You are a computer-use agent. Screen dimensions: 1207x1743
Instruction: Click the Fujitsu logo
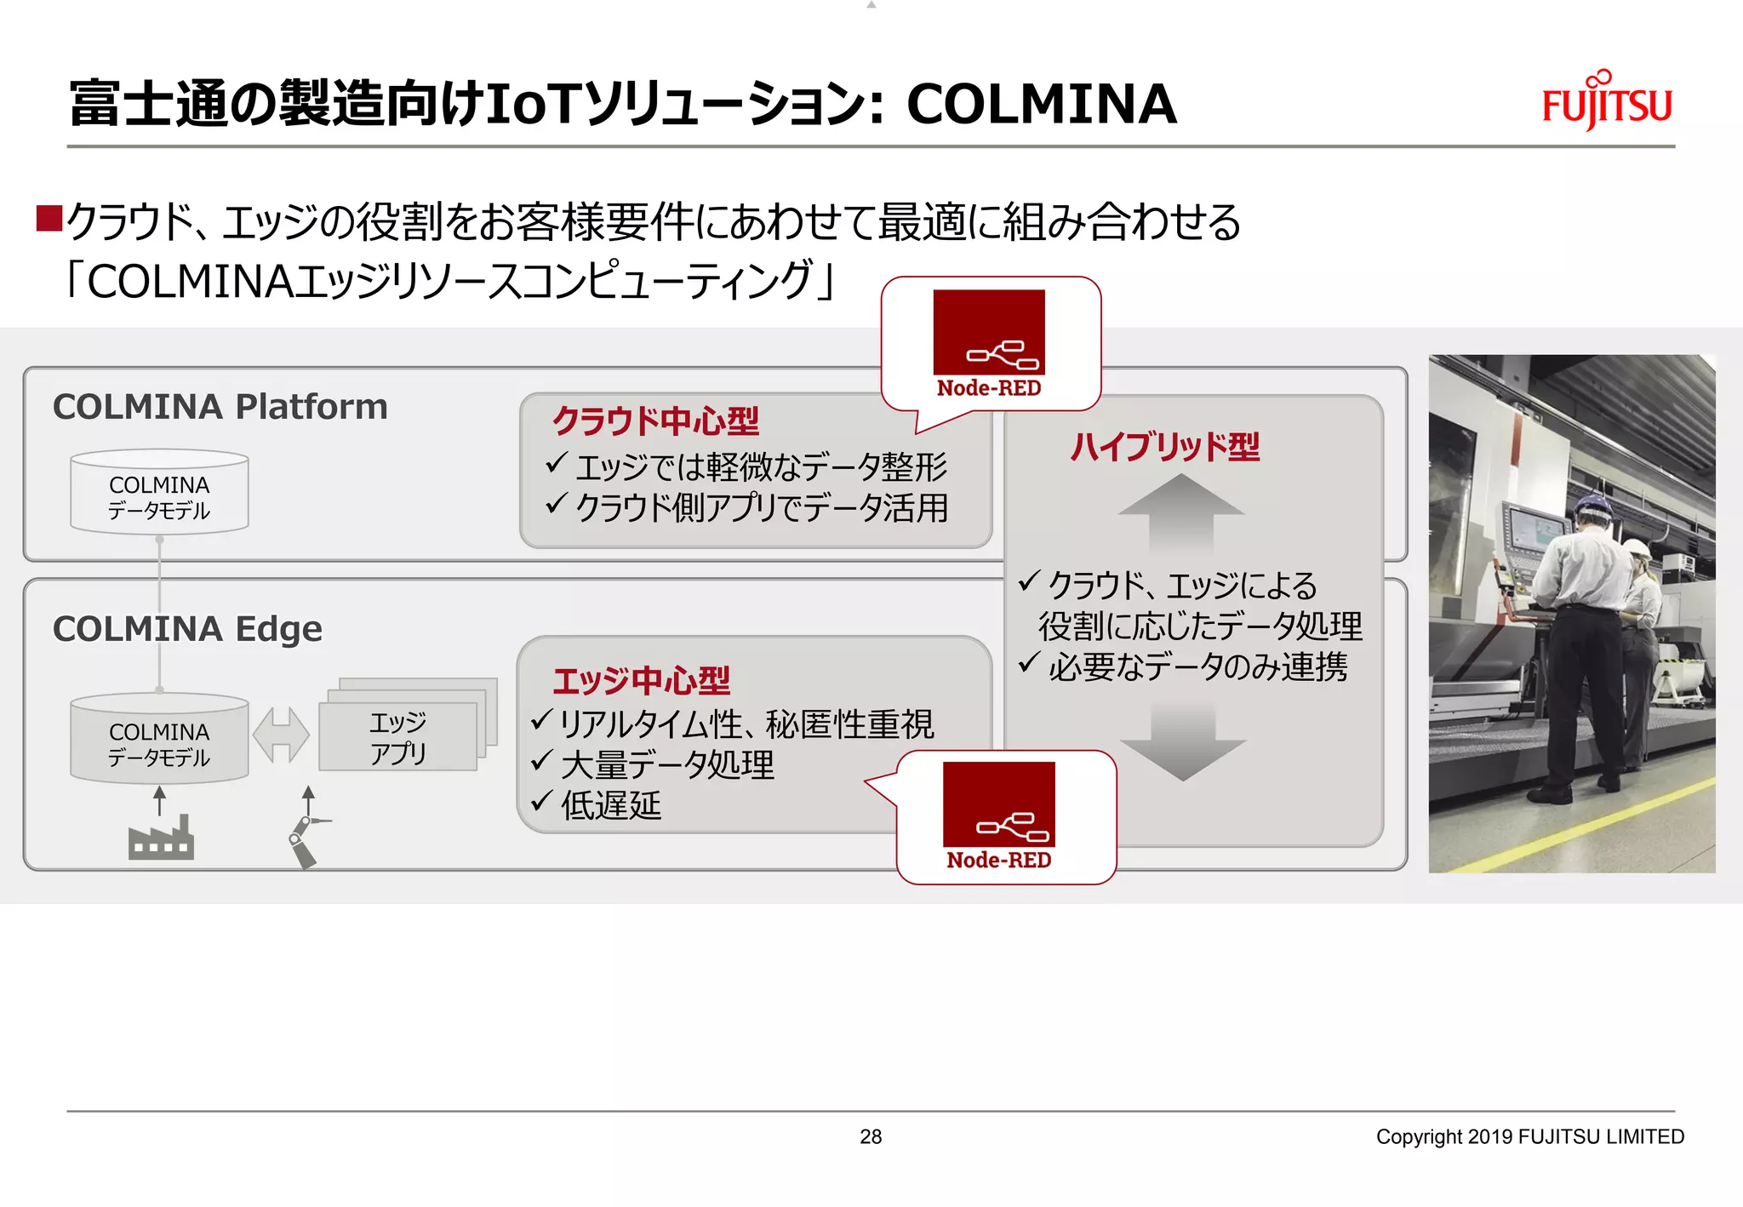coord(1606,103)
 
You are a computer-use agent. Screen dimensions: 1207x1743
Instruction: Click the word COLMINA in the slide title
coord(1041,105)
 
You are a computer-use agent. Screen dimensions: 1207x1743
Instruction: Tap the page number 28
coord(871,1136)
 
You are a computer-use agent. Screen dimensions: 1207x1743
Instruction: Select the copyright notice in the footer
coord(1529,1136)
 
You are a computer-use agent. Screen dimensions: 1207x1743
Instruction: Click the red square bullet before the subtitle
coord(49,219)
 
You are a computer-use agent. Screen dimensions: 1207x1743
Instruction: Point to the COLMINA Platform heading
coord(220,407)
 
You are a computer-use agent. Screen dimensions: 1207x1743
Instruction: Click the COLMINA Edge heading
coord(187,629)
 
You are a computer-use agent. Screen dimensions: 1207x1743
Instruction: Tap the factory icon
coord(161,838)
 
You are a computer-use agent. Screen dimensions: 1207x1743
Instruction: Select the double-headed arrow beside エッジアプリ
coord(281,735)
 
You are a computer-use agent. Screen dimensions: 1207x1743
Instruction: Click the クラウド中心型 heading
coord(655,421)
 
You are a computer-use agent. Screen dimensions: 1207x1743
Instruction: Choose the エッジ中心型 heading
coord(641,681)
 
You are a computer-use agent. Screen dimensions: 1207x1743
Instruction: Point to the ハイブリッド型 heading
coord(1164,447)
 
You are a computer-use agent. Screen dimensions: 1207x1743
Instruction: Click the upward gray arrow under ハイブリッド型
coord(1181,514)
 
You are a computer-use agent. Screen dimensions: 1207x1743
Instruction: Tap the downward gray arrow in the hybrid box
coord(1183,742)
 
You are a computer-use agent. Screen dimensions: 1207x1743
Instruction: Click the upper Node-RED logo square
coord(989,332)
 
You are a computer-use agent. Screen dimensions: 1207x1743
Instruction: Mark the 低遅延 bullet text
coord(610,805)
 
